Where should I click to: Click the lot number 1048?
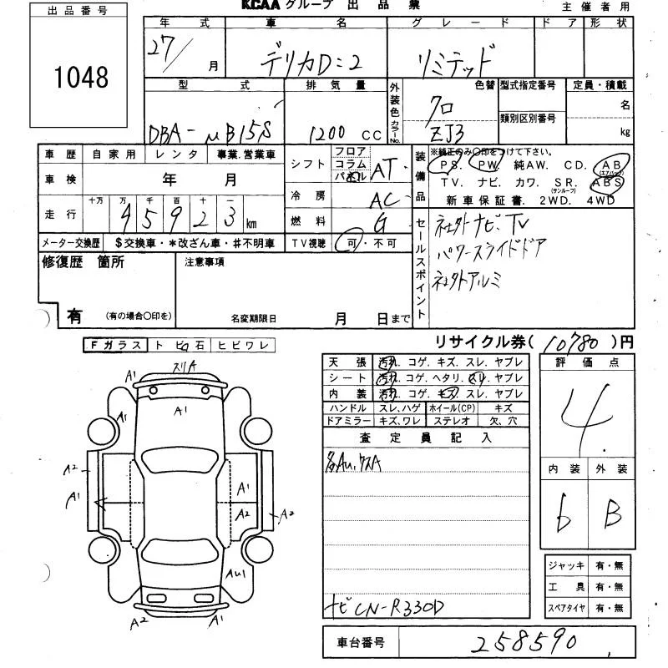pos(81,78)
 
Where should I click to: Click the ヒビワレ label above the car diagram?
pos(241,344)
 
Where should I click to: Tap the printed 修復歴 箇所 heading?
pos(83,261)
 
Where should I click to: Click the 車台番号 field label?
pos(361,643)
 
